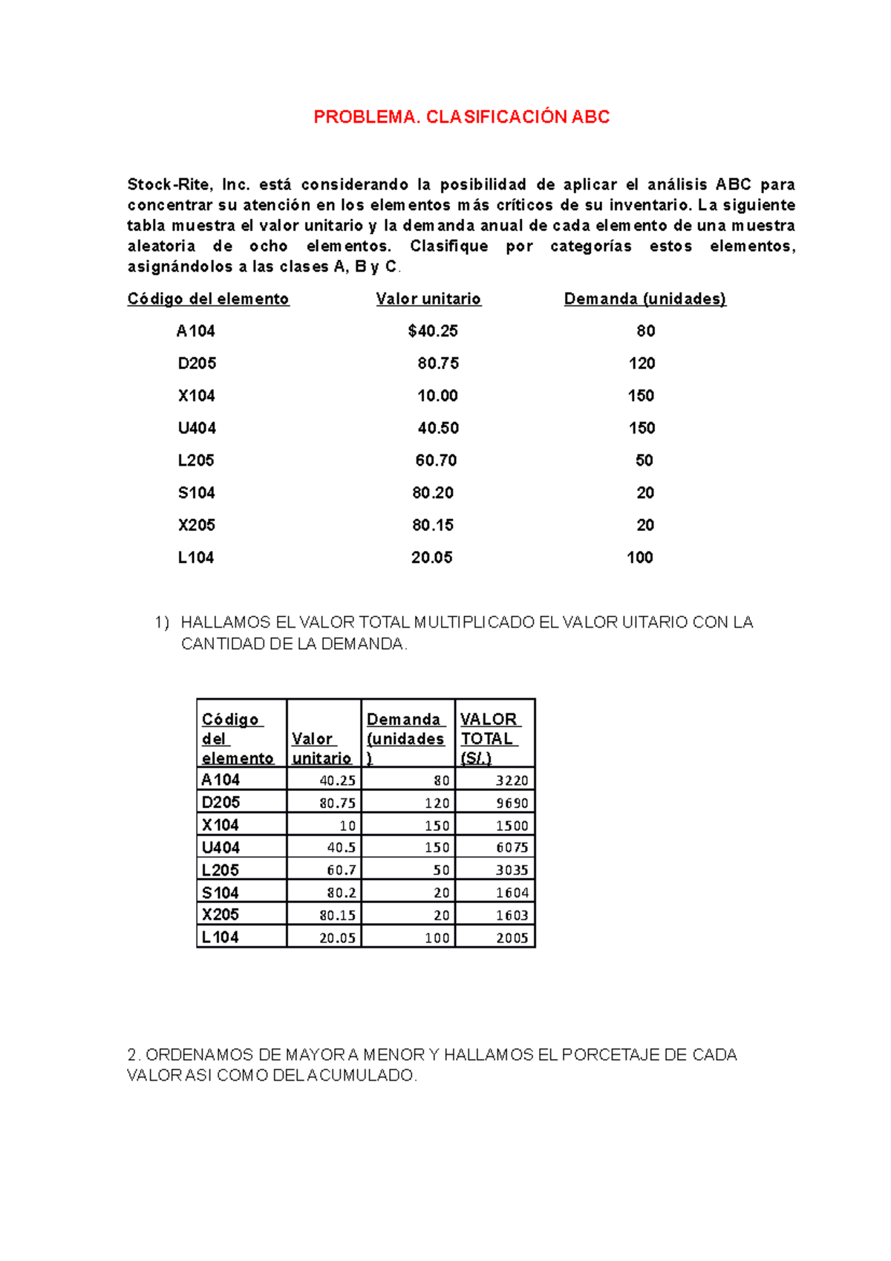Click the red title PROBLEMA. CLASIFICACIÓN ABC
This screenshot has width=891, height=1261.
tap(461, 117)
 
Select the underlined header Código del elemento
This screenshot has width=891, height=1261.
tap(208, 299)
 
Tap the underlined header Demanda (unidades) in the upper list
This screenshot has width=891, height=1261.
tap(644, 299)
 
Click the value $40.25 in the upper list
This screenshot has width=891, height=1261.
tap(433, 331)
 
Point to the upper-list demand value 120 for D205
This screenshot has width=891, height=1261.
tap(642, 363)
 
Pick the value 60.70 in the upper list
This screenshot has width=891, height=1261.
tap(436, 460)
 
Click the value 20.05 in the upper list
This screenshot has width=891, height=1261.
tap(431, 558)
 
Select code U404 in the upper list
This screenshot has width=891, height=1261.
tap(197, 429)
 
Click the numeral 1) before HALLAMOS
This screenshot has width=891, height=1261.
tap(162, 622)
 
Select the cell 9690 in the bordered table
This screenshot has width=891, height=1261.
tap(512, 803)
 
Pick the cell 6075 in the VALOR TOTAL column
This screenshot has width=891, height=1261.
tap(512, 847)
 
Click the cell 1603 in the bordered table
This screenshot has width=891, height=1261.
tap(512, 915)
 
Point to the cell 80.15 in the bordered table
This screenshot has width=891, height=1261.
tap(337, 915)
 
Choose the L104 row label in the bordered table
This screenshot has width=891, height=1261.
tap(220, 937)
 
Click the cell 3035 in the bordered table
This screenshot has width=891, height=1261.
tap(512, 870)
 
